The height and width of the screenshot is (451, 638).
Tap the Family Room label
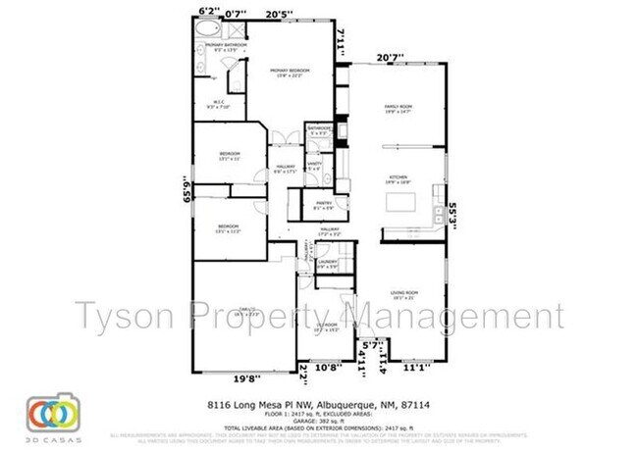pyautogui.click(x=396, y=110)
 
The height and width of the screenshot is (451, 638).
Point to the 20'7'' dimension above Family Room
pyautogui.click(x=391, y=57)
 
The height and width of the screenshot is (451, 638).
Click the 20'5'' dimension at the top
pyautogui.click(x=280, y=13)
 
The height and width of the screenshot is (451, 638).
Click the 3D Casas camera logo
pyautogui.click(x=52, y=414)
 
